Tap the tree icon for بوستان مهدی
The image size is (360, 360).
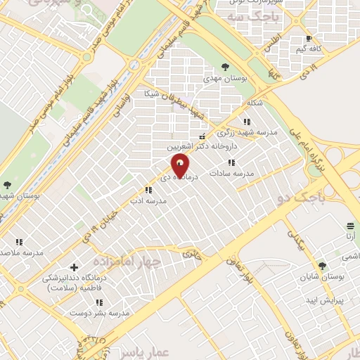coord(224,67)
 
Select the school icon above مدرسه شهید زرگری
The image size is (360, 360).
coord(246,122)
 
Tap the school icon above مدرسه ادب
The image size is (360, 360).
coord(148,190)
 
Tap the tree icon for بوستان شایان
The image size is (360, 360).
coord(322,266)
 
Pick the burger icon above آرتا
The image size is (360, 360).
coord(350,226)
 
